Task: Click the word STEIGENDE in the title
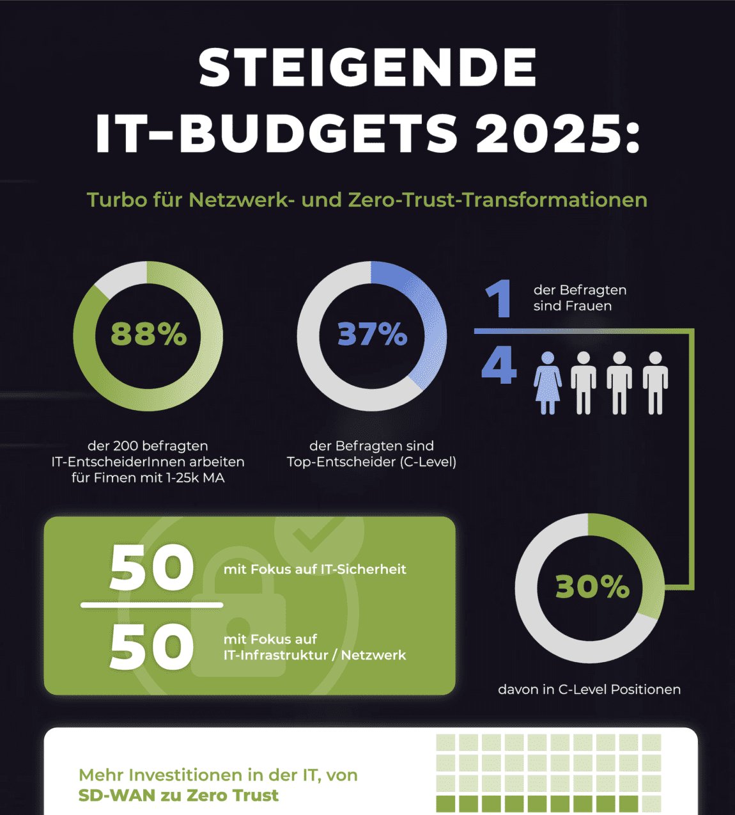point(367,68)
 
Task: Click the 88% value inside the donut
point(148,334)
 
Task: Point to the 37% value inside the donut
point(372,334)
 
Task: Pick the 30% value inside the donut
point(592,587)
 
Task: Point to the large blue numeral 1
point(499,299)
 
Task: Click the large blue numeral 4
point(499,367)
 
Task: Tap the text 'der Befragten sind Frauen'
point(579,298)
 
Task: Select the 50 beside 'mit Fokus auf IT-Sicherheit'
point(151,568)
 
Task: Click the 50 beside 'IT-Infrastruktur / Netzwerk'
point(151,647)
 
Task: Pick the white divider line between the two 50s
point(151,605)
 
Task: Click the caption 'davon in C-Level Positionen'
point(589,690)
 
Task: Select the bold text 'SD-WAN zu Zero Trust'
point(178,796)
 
